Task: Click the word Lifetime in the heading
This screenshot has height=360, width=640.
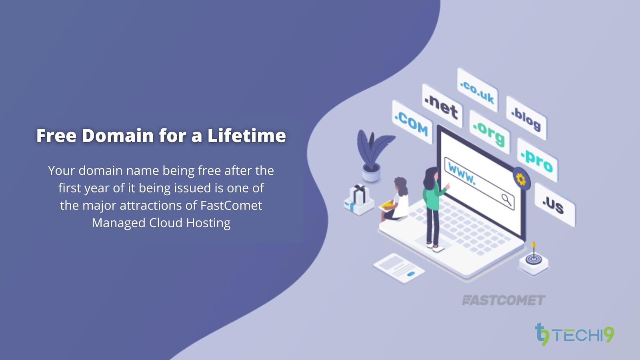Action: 246,136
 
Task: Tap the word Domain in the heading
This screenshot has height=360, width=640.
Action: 118,136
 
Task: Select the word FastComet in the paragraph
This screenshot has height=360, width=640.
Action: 231,206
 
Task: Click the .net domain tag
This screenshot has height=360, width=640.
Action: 442,106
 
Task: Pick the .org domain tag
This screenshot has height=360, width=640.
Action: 489,132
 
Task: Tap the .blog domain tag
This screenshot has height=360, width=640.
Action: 526,118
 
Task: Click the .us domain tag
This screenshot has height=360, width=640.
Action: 554,205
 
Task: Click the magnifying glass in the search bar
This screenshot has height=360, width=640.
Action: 506,199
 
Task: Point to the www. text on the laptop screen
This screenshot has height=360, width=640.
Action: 462,173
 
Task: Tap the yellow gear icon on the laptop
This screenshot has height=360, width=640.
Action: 521,179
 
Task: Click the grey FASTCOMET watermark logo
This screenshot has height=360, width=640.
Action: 503,300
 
